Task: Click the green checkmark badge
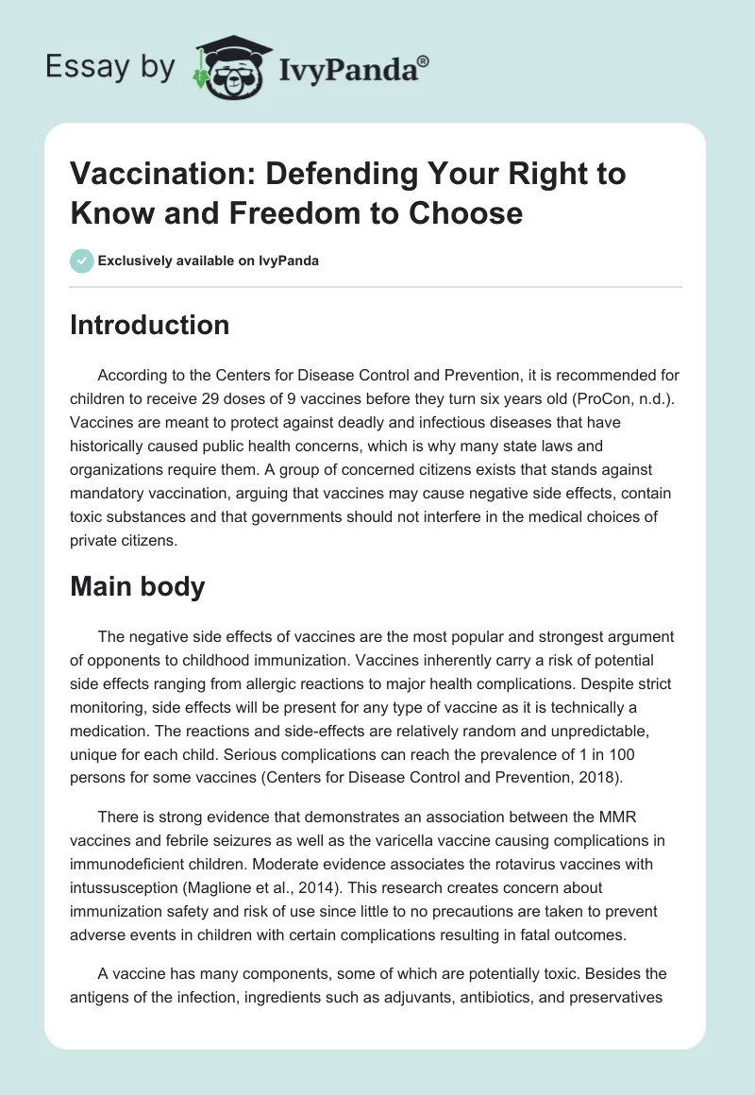click(82, 261)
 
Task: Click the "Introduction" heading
click(150, 325)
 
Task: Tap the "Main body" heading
click(138, 587)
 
